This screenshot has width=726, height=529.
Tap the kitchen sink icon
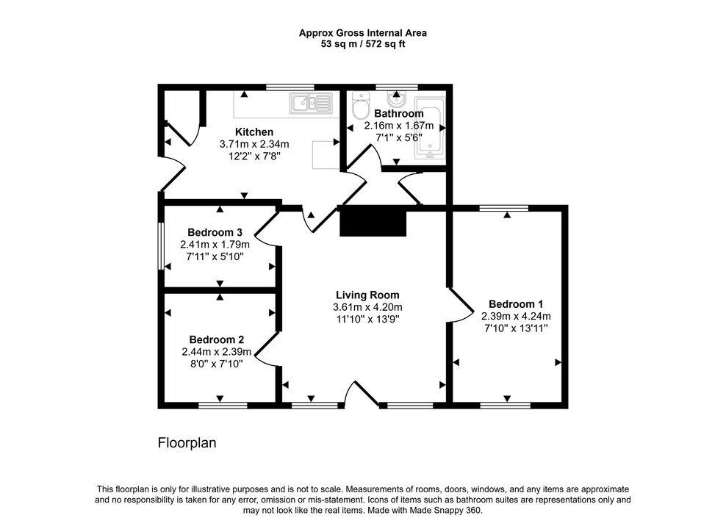[x=312, y=103]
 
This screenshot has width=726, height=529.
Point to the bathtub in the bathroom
[x=430, y=129]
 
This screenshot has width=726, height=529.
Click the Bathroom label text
[x=398, y=114]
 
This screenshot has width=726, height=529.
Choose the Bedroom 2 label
[x=216, y=340]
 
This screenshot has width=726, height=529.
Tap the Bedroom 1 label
[x=516, y=304]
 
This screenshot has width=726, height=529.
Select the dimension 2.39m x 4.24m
[x=516, y=317]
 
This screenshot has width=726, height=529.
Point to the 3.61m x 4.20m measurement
[x=367, y=307]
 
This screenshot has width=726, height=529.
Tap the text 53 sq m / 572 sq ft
[x=362, y=44]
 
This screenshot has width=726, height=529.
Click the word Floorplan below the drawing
[x=187, y=443]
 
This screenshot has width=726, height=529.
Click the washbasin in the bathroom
[x=398, y=97]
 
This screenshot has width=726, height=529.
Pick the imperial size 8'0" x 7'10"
[x=217, y=364]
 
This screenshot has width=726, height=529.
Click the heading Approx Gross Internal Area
[x=362, y=32]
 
